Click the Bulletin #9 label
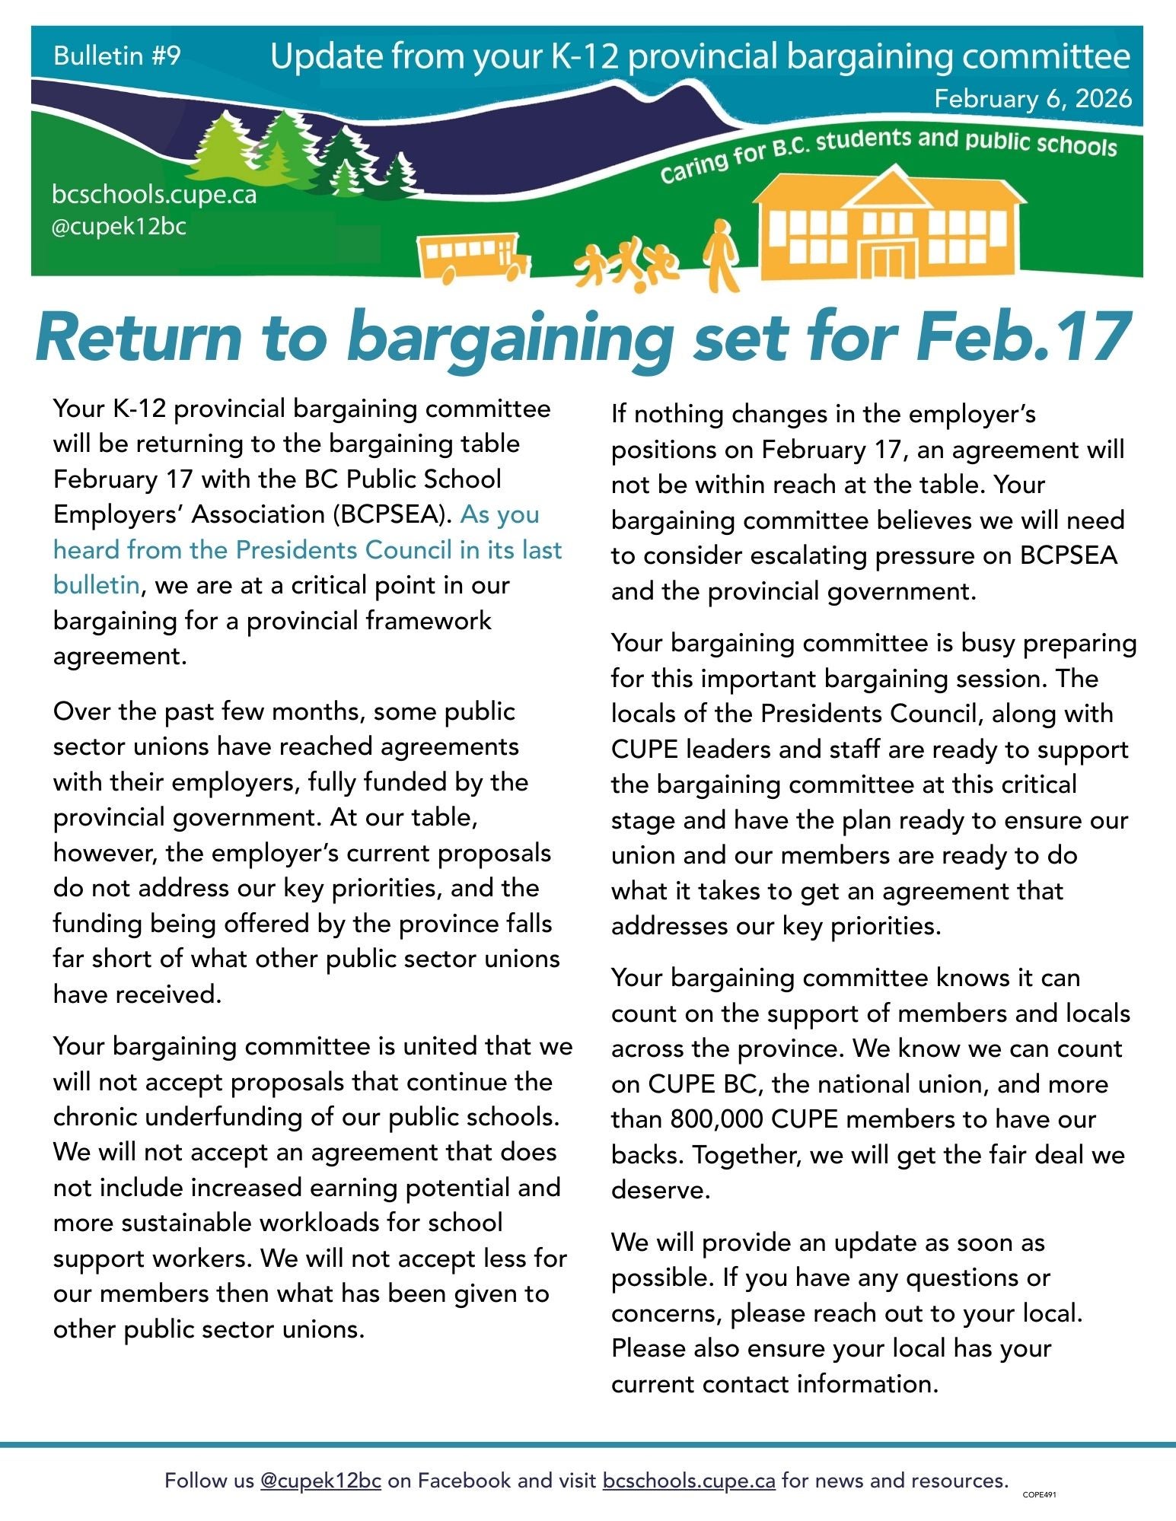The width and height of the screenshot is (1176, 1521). (117, 56)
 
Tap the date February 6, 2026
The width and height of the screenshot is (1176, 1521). (1032, 99)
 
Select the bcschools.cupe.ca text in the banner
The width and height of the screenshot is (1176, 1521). (154, 195)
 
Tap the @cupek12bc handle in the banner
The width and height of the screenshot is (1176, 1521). (119, 227)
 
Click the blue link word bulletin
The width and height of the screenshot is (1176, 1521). (95, 585)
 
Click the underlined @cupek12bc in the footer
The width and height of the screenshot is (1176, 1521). (320, 1480)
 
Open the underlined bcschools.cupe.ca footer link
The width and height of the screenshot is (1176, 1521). (688, 1480)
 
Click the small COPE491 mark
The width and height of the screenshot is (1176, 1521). (1039, 1494)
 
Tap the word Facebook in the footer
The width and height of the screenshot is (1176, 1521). (464, 1480)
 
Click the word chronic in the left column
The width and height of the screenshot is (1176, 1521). (95, 1117)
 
